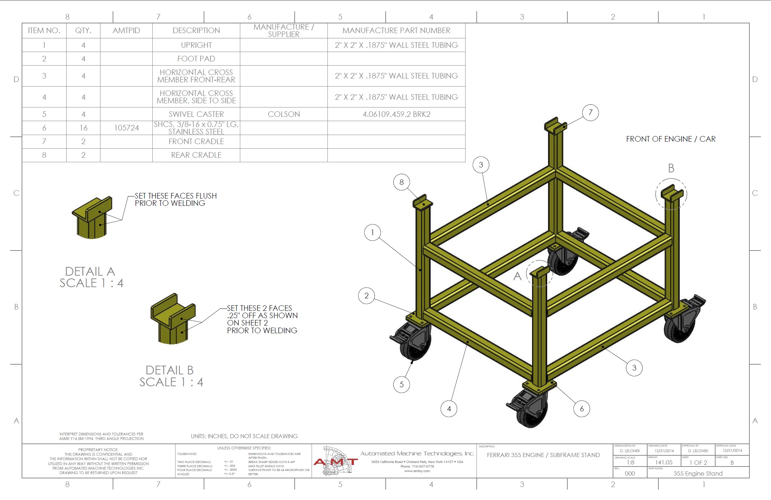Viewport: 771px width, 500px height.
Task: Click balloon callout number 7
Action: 590,112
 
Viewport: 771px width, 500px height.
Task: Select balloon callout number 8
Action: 401,182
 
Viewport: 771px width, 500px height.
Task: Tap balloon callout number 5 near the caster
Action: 401,385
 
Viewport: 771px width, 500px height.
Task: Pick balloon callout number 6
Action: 581,409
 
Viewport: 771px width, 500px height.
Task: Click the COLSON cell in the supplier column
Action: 284,114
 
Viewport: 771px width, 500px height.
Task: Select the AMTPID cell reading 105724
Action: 126,128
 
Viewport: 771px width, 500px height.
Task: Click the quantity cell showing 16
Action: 83,128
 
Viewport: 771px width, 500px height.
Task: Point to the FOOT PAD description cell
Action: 196,59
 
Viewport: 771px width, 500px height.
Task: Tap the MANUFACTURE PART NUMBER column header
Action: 396,31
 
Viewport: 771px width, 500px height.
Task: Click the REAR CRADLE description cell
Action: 196,155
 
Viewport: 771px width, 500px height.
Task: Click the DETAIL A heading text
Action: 90,271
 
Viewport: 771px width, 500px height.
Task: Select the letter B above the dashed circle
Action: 671,169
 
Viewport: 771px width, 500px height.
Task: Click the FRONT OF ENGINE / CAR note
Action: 671,139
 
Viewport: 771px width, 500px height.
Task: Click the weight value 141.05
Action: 664,462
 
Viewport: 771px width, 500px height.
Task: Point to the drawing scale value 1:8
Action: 630,462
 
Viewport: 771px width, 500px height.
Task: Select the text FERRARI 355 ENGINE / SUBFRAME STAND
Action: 543,455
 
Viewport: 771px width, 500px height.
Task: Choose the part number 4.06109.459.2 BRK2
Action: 396,114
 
